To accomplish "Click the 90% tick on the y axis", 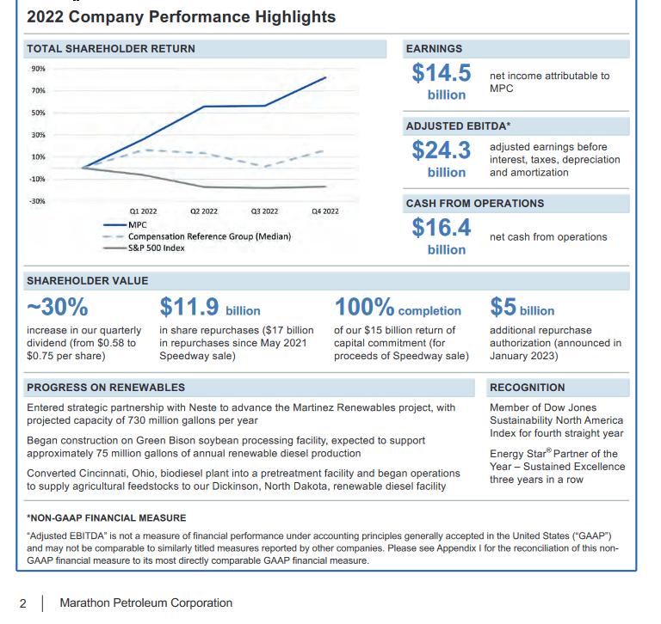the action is (38, 69).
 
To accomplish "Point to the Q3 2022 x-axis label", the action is (265, 211).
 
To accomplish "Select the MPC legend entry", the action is (125, 225).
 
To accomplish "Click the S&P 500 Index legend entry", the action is (144, 248).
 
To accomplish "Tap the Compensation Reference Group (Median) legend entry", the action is (197, 236).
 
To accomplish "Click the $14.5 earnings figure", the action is (442, 73).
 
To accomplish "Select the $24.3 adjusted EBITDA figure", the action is (442, 150).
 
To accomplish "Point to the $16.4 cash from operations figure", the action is (442, 228).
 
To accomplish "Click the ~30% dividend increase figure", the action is (58, 307).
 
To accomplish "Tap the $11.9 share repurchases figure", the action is (189, 307).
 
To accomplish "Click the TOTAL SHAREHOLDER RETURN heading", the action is (111, 49).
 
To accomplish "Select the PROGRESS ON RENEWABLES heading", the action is (106, 388).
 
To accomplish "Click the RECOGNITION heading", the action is (528, 388).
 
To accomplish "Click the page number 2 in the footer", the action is (23, 603).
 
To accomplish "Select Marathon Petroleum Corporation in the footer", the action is (145, 603).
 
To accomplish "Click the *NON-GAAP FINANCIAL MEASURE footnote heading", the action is (106, 518).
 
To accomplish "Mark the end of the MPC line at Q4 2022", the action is (326, 77).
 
